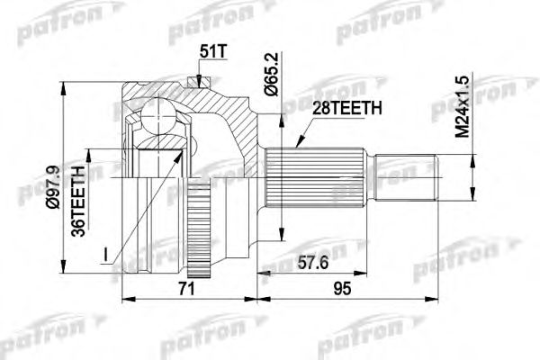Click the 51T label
(x=213, y=51)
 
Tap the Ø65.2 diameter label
(x=272, y=75)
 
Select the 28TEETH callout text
(x=347, y=109)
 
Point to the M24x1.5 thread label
(x=462, y=107)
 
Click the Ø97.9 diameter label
(x=54, y=186)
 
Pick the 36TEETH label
(x=77, y=202)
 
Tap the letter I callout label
(x=105, y=256)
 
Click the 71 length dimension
(x=187, y=289)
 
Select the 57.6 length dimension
(x=312, y=264)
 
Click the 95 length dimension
(x=342, y=289)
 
